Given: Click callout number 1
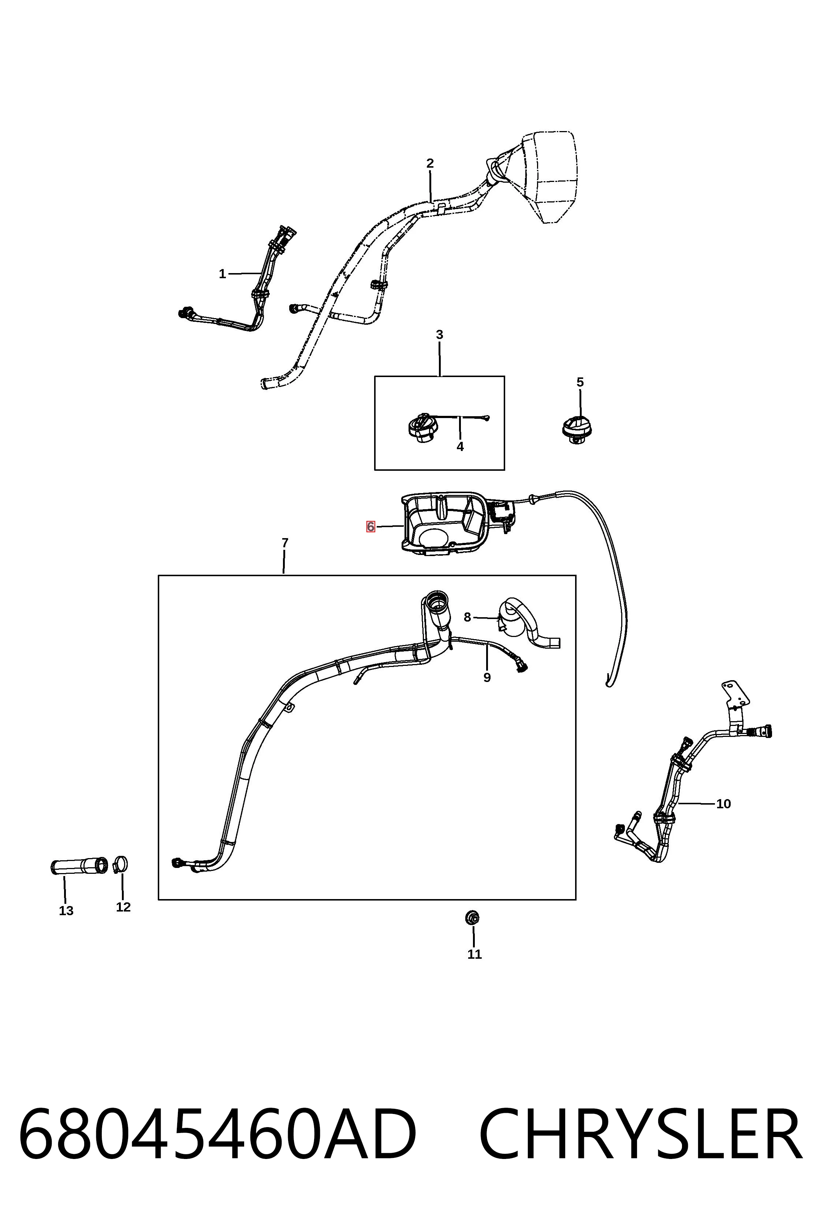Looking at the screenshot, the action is (222, 274).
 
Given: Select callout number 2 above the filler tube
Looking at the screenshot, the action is (430, 164).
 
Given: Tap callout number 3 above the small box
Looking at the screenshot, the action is (439, 335).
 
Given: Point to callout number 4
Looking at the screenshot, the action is (460, 447).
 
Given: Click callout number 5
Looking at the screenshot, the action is (580, 382).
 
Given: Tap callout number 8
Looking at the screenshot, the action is (467, 618).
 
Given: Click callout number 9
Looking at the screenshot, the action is (487, 678).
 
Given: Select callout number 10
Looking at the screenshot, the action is (723, 804).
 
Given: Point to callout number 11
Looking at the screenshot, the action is (474, 954).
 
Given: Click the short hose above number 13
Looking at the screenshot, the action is (78, 866).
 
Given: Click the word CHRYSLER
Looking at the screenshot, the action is (641, 1135).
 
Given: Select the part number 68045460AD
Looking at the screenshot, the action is (217, 1135).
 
